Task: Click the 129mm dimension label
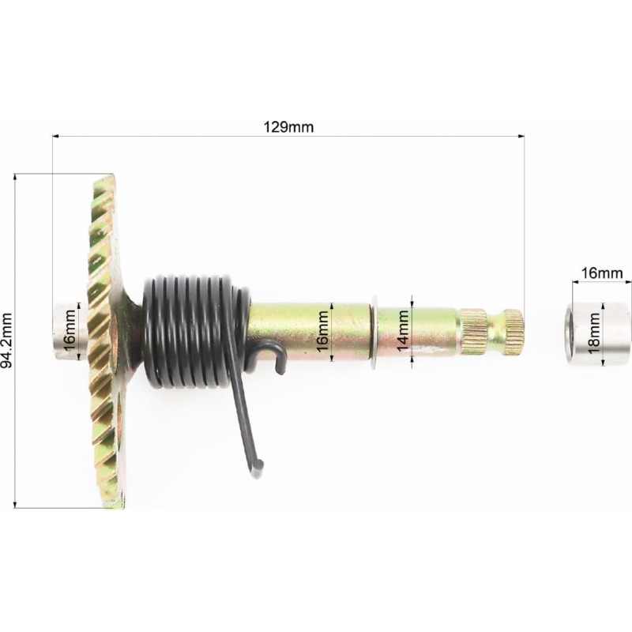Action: click(288, 127)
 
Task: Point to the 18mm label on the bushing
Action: click(594, 333)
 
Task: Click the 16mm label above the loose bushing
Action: click(601, 273)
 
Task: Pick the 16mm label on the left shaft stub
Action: click(70, 330)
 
